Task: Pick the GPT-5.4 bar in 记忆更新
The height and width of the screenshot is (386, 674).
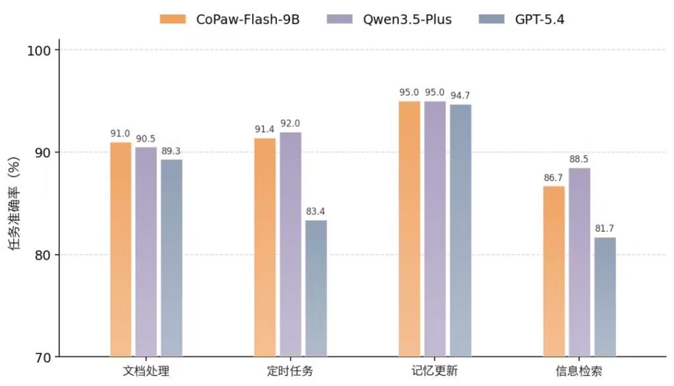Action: coord(460,230)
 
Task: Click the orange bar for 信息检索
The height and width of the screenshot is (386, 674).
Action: coord(554,271)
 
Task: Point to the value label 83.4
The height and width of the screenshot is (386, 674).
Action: coord(316,211)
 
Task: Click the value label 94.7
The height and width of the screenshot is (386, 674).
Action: coord(460,96)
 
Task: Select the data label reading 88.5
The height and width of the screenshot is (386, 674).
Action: coord(579,159)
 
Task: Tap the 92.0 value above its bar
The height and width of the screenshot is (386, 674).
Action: coord(290,123)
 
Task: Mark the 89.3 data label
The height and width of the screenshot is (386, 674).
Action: coord(171,151)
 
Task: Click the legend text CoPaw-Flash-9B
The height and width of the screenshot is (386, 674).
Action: coord(247,19)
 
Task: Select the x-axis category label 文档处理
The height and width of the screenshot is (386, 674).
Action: coord(145,372)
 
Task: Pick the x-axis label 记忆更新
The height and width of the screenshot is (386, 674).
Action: coord(434,372)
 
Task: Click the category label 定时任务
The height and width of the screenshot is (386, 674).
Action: coord(290,372)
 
